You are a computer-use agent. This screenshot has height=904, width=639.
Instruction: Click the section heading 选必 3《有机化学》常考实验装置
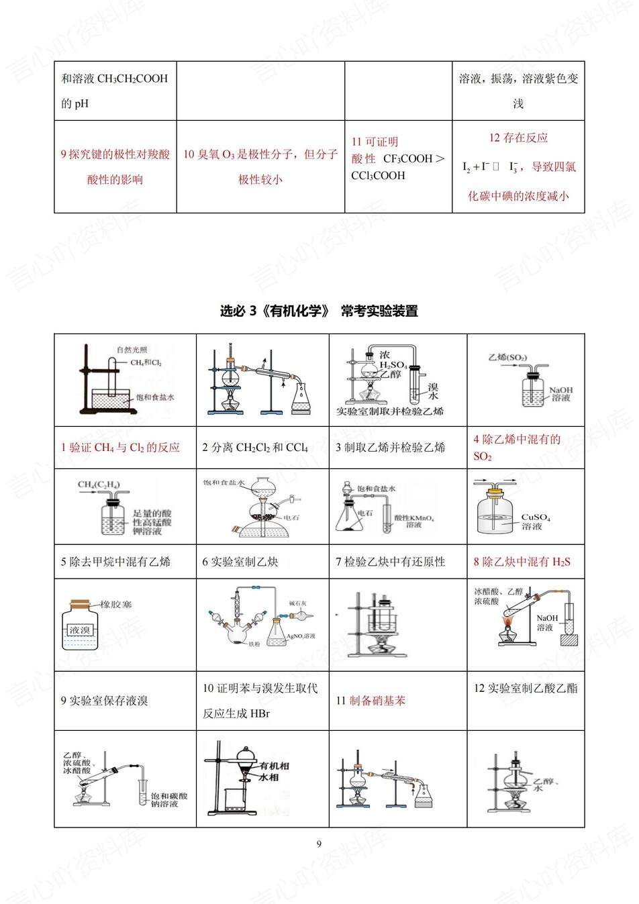coord(319,311)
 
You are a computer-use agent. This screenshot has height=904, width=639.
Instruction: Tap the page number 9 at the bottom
coord(319,844)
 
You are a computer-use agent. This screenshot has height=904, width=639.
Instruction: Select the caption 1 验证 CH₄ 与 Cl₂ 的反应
coord(120,448)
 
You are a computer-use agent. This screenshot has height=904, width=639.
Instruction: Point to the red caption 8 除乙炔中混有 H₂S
coord(522,562)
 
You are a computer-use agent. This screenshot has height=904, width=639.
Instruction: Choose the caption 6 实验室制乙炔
coord(240,562)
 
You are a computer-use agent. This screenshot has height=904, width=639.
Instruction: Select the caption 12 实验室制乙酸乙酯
coord(526,688)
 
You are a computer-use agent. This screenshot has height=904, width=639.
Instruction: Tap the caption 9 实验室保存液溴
coord(105,701)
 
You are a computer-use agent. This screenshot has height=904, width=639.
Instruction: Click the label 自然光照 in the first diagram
coord(132,350)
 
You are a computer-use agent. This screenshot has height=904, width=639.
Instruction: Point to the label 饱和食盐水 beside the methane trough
coord(155,397)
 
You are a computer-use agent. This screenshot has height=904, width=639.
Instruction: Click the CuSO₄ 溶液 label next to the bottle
coord(535,521)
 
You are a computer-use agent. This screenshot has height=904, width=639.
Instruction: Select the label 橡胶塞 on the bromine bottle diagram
coord(116,604)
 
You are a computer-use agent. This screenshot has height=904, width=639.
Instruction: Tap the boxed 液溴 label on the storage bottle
coord(80,630)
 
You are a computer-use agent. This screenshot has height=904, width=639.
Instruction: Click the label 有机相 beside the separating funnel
coord(275,766)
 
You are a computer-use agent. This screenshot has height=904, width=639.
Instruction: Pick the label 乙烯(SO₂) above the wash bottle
coord(507,357)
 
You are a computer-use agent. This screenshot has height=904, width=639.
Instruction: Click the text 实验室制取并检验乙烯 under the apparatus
coord(390,411)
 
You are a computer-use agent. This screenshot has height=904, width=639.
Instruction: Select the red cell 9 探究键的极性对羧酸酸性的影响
coord(115,166)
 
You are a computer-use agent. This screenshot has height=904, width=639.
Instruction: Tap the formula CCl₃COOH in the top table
coord(378,176)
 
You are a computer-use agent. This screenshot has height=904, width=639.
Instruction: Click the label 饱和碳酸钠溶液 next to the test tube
coord(168,799)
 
